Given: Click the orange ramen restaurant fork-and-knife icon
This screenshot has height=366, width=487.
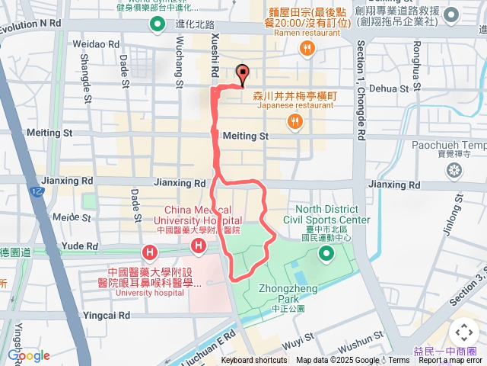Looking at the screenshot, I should click(307, 50).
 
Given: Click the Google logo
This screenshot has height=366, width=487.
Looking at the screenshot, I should click(28, 355).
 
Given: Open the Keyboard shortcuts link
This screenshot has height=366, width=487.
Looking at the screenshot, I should click(254, 361).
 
